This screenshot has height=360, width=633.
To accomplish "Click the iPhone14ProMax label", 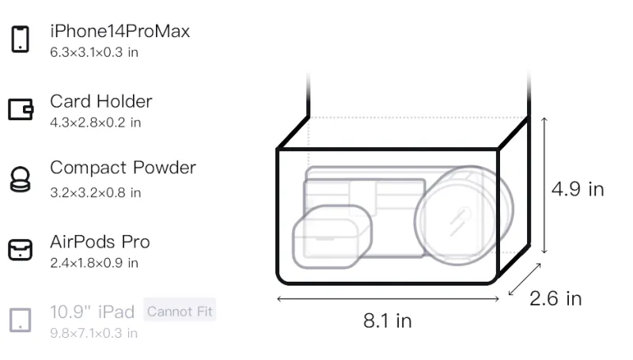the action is click(x=120, y=32).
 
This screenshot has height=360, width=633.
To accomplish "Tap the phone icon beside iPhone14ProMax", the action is click(x=21, y=39).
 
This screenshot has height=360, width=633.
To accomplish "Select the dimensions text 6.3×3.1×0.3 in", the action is click(x=94, y=52).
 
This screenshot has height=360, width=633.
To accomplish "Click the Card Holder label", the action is click(x=101, y=101).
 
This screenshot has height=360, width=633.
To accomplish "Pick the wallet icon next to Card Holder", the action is click(x=21, y=109).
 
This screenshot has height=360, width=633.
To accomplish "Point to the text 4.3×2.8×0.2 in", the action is click(x=95, y=123).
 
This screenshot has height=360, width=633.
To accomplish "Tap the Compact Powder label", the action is click(x=123, y=168).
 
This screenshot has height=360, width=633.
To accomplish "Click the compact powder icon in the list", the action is click(x=21, y=179).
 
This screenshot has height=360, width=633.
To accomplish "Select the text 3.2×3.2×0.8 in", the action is click(x=95, y=192).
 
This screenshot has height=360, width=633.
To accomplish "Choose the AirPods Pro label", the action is click(x=100, y=242).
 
